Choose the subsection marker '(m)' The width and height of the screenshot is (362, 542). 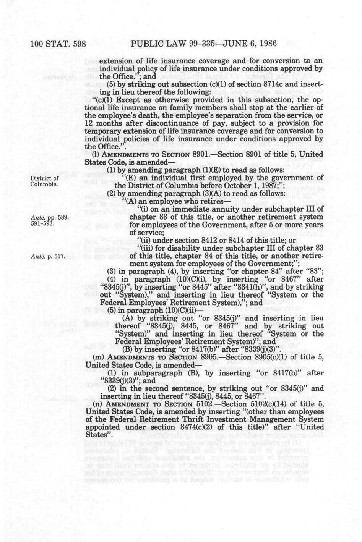coord(99,357)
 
